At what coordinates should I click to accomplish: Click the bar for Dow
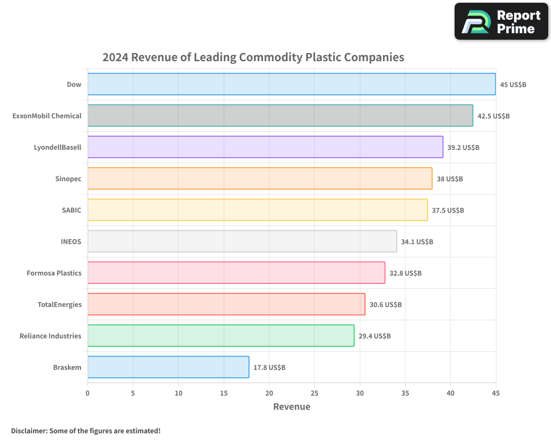[x=291, y=84]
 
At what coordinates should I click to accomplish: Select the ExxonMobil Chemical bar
[x=280, y=116]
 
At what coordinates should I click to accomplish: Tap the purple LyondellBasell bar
[x=265, y=147]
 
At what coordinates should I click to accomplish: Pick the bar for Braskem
[x=168, y=367]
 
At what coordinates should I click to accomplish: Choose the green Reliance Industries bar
[x=220, y=336]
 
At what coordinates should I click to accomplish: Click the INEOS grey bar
[x=242, y=241]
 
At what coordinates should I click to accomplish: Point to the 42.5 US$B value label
[x=493, y=116]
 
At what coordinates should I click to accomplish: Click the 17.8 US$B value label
[x=269, y=368]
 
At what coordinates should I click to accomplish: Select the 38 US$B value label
[x=450, y=179]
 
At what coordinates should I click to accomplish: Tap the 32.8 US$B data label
[x=406, y=273]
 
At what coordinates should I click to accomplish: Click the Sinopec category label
[x=68, y=179]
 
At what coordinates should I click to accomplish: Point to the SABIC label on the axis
[x=72, y=211]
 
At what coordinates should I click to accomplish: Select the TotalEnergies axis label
[x=60, y=305]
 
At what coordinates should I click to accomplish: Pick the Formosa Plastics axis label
[x=54, y=273]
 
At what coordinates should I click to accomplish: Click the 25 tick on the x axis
[x=314, y=393]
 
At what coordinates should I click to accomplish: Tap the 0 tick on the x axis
[x=88, y=393]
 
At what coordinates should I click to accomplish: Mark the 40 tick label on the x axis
[x=450, y=393]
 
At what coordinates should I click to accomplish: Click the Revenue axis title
[x=291, y=407]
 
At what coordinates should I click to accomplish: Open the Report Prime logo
[x=501, y=21]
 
